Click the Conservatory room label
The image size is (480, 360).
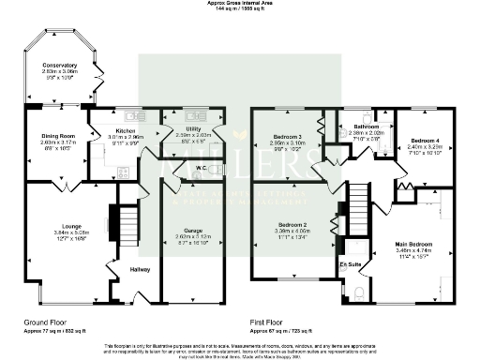[x=59, y=65]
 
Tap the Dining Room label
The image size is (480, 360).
[x=57, y=136]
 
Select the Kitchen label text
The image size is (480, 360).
[x=126, y=130]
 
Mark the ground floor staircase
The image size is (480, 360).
[x=117, y=222]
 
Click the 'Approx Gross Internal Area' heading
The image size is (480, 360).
[x=240, y=3]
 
